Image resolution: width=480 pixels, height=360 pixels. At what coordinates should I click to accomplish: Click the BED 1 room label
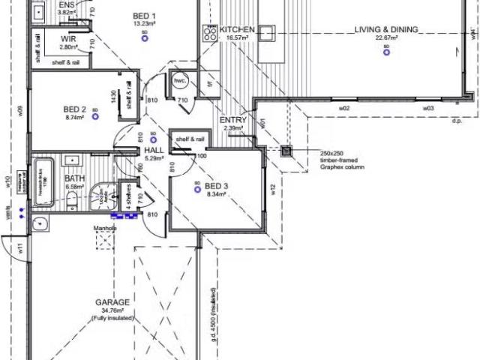point(144,16)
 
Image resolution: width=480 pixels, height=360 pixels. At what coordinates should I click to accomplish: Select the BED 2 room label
point(76,108)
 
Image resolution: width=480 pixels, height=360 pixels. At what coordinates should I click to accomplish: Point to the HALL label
point(153,150)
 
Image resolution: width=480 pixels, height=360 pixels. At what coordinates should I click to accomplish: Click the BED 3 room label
point(216,186)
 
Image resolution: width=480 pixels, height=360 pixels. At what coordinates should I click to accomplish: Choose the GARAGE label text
point(112,302)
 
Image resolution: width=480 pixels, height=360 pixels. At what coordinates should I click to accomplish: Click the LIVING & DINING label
point(386,30)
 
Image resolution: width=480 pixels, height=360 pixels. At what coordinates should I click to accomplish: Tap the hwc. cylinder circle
point(180,81)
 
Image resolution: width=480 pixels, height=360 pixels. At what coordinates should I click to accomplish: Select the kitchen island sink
point(267,31)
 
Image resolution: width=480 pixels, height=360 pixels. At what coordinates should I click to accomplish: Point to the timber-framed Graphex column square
point(286,151)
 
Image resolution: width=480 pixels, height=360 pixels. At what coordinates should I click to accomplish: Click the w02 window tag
point(344,109)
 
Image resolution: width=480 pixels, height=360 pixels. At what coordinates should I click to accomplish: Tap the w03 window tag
point(428,109)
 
